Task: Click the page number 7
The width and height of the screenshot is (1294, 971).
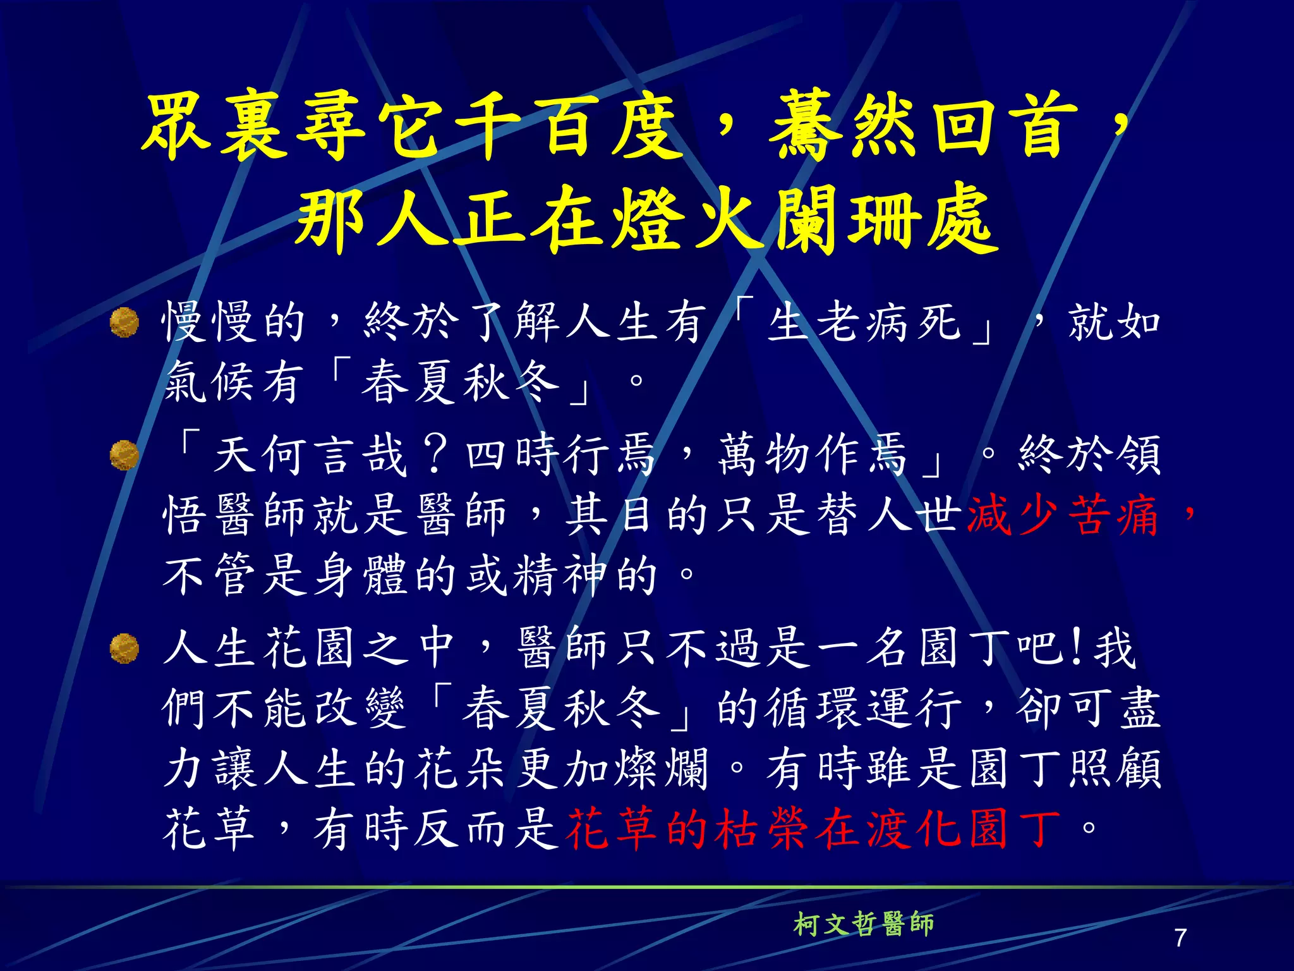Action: pyautogui.click(x=1180, y=937)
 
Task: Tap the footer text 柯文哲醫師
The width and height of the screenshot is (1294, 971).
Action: pyautogui.click(x=863, y=924)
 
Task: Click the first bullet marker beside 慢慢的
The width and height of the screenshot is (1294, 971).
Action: pyautogui.click(x=124, y=322)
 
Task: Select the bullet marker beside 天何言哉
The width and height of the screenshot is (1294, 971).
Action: pyautogui.click(x=124, y=455)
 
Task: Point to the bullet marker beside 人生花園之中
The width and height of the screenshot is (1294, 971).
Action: pyautogui.click(x=124, y=649)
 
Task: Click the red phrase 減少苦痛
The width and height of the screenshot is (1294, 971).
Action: pyautogui.click(x=1063, y=515)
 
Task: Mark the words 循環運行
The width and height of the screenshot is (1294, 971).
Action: pyautogui.click(x=864, y=708)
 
